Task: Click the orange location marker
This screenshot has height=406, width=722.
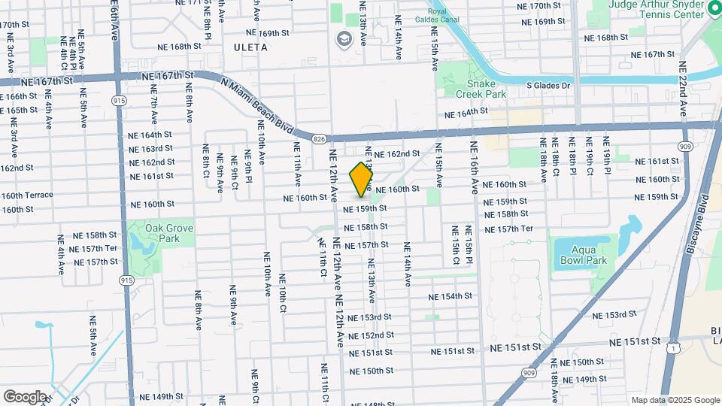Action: point(362,179)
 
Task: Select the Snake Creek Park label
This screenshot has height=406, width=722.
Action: point(481,89)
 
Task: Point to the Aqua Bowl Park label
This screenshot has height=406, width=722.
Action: point(583,255)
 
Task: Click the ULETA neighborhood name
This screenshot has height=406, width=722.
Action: point(250,47)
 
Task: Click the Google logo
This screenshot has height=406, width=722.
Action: point(25,396)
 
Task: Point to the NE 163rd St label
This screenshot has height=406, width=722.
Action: point(151,149)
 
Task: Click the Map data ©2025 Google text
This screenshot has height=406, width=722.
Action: point(675,400)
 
